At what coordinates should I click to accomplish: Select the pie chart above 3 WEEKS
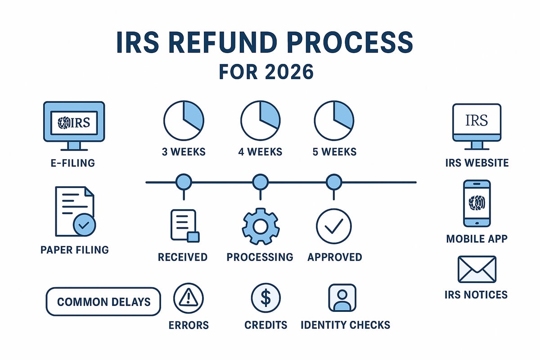[x=184, y=121]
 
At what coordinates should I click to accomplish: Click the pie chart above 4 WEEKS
[x=261, y=121]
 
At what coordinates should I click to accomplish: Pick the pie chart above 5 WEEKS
[x=334, y=121]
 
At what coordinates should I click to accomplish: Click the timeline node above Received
[x=183, y=182]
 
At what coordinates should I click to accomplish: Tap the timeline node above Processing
[x=260, y=182]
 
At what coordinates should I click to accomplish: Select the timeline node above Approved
[x=333, y=182]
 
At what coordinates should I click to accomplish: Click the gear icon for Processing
[x=261, y=226]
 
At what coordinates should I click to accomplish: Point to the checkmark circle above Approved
[x=334, y=226]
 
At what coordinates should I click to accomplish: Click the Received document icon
[x=184, y=225]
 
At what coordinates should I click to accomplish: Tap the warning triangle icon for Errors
[x=189, y=297]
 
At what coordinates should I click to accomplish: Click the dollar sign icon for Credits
[x=265, y=297]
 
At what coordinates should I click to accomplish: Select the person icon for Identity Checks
[x=342, y=297]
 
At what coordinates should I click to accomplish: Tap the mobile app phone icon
[x=477, y=203]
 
